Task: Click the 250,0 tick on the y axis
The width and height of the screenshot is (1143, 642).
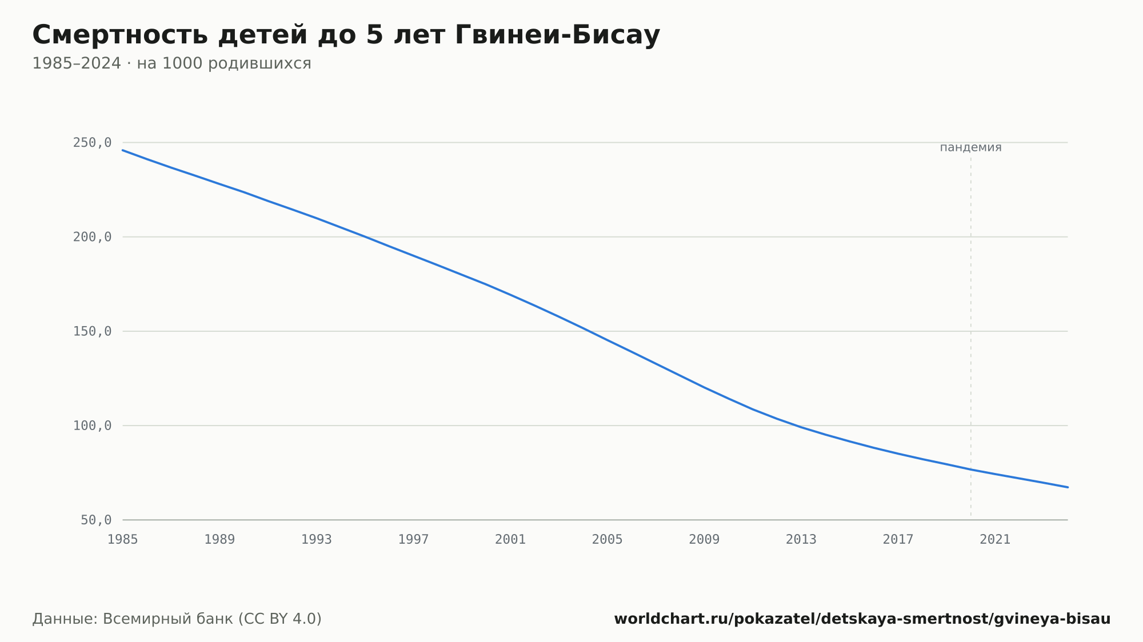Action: pyautogui.click(x=92, y=143)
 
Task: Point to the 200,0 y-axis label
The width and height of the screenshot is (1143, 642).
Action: pyautogui.click(x=92, y=237)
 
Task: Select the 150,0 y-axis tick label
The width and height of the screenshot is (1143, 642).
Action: pyautogui.click(x=92, y=331)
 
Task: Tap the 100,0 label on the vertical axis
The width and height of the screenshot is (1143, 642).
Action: pyautogui.click(x=92, y=426)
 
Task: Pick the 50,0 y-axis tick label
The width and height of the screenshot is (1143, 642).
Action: pyautogui.click(x=96, y=520)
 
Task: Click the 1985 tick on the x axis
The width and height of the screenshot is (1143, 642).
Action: pyautogui.click(x=123, y=540)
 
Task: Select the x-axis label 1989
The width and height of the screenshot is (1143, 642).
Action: pyautogui.click(x=220, y=540)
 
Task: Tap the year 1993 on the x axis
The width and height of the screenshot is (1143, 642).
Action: pyautogui.click(x=317, y=540)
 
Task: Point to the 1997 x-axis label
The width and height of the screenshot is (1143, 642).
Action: pyautogui.click(x=414, y=540)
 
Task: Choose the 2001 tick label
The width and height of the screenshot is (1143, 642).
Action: pyautogui.click(x=510, y=540)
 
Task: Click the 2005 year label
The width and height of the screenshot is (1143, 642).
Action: pyautogui.click(x=608, y=540)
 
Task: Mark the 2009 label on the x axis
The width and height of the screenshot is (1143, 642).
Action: pyautogui.click(x=704, y=540)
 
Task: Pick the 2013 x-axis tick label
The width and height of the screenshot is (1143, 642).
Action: pyautogui.click(x=801, y=540)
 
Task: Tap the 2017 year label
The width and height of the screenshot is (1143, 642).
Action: pyautogui.click(x=898, y=540)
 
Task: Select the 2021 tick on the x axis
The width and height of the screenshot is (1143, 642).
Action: pyautogui.click(x=995, y=540)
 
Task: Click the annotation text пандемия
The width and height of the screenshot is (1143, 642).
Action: pyautogui.click(x=970, y=147)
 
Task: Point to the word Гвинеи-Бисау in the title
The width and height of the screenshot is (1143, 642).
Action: pyautogui.click(x=558, y=35)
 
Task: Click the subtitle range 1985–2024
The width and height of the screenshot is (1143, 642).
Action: pyautogui.click(x=77, y=63)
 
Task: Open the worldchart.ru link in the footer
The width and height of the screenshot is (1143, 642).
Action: pyautogui.click(x=862, y=619)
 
